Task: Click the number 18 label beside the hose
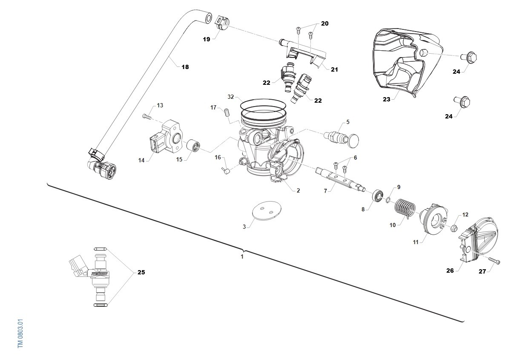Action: point(185,67)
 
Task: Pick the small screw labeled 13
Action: point(148,115)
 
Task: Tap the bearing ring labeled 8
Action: point(377,197)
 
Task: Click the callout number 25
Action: point(141,272)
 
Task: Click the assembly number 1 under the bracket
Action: point(242,257)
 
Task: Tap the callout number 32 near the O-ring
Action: point(230,97)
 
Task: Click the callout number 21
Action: point(334,69)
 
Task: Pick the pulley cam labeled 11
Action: point(434,220)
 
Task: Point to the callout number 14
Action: point(141,160)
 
